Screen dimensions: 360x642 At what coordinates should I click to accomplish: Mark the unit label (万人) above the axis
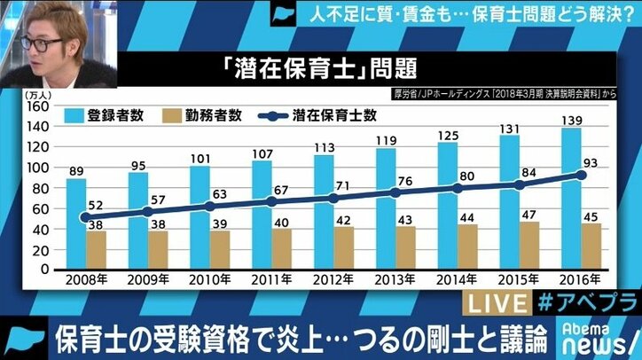tap(43, 92)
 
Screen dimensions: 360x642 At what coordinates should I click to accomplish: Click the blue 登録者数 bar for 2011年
tap(262, 208)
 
